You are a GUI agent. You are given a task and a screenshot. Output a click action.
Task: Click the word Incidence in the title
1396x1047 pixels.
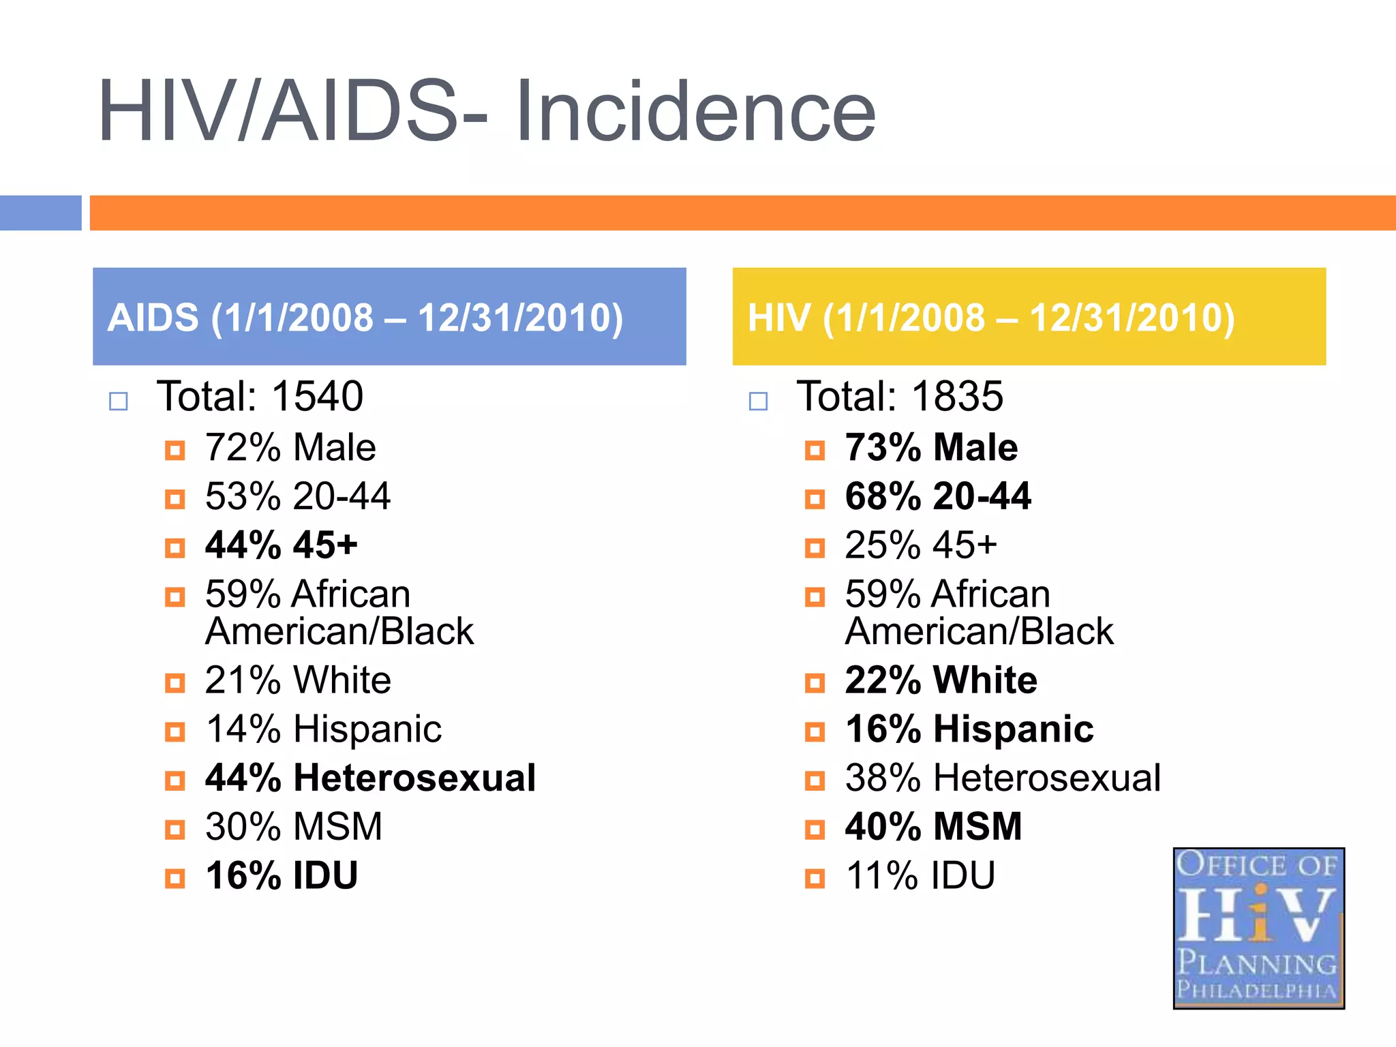click(x=695, y=112)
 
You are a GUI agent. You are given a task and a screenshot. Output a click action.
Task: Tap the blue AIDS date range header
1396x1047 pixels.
click(x=389, y=317)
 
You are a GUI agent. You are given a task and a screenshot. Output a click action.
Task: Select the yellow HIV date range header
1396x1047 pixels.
click(x=1028, y=317)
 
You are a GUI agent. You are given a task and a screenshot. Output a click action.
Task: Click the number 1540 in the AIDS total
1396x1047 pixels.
click(x=318, y=397)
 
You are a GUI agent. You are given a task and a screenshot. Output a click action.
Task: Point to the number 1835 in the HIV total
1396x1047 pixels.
click(x=957, y=397)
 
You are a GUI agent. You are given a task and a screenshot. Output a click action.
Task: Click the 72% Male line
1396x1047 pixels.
click(x=290, y=449)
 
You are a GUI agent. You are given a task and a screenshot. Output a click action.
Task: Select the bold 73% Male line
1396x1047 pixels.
click(x=931, y=449)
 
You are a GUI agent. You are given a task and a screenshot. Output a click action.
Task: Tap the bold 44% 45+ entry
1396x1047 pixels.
click(x=281, y=545)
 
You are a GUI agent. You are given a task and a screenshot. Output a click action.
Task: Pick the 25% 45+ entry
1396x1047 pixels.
click(x=920, y=545)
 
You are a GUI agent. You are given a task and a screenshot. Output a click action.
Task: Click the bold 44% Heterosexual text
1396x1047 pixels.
click(x=370, y=778)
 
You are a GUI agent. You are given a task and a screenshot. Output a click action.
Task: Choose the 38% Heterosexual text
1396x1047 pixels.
click(x=1002, y=778)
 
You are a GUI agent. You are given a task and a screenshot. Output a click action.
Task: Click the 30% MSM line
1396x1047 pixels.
click(x=293, y=828)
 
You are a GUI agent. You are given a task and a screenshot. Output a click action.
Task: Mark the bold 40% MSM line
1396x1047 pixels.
click(x=933, y=828)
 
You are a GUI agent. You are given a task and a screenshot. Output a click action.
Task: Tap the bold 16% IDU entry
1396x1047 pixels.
click(x=281, y=877)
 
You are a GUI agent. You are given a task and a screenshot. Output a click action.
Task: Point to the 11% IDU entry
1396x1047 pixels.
click(x=920, y=877)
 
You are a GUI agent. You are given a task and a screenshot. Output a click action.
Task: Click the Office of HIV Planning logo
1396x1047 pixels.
click(x=1258, y=928)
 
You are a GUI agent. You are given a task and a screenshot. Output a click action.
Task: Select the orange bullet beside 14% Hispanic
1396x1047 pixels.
click(x=175, y=732)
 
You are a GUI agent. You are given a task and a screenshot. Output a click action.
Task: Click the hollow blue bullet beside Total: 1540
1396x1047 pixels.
click(x=119, y=401)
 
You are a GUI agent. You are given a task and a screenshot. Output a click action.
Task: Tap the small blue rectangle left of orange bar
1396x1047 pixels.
click(x=40, y=213)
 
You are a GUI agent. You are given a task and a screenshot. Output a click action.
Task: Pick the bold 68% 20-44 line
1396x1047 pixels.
click(x=938, y=497)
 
